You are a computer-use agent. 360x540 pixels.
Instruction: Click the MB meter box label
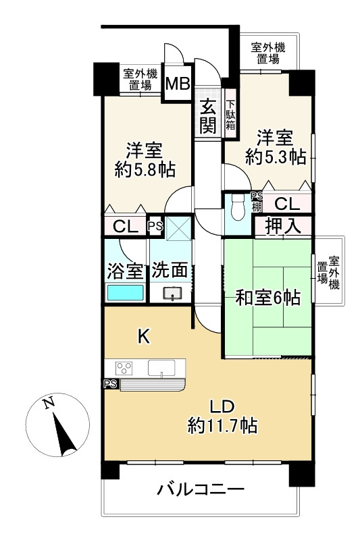pos(178,83)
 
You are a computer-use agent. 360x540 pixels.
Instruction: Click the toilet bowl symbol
pos(238,207)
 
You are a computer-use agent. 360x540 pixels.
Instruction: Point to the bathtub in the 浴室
pos(125,292)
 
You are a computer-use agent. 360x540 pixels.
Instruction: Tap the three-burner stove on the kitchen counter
pos(124,368)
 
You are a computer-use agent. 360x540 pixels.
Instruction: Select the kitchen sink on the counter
pos(161,368)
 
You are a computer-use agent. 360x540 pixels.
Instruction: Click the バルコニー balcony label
pos(201,489)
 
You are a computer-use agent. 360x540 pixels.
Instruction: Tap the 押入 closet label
pos(283,226)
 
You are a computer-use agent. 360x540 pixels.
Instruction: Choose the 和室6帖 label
pos(267,298)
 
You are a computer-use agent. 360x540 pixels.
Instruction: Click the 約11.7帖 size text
pos(222,425)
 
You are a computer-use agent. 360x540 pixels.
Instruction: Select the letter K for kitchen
pos(144,336)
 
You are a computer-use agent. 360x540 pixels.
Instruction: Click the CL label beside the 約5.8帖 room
pos(126,227)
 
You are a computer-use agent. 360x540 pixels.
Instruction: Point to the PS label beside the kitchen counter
pos(111,384)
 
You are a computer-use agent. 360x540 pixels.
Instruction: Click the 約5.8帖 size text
pos(145,170)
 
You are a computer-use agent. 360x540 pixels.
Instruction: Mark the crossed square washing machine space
pos(178,228)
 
